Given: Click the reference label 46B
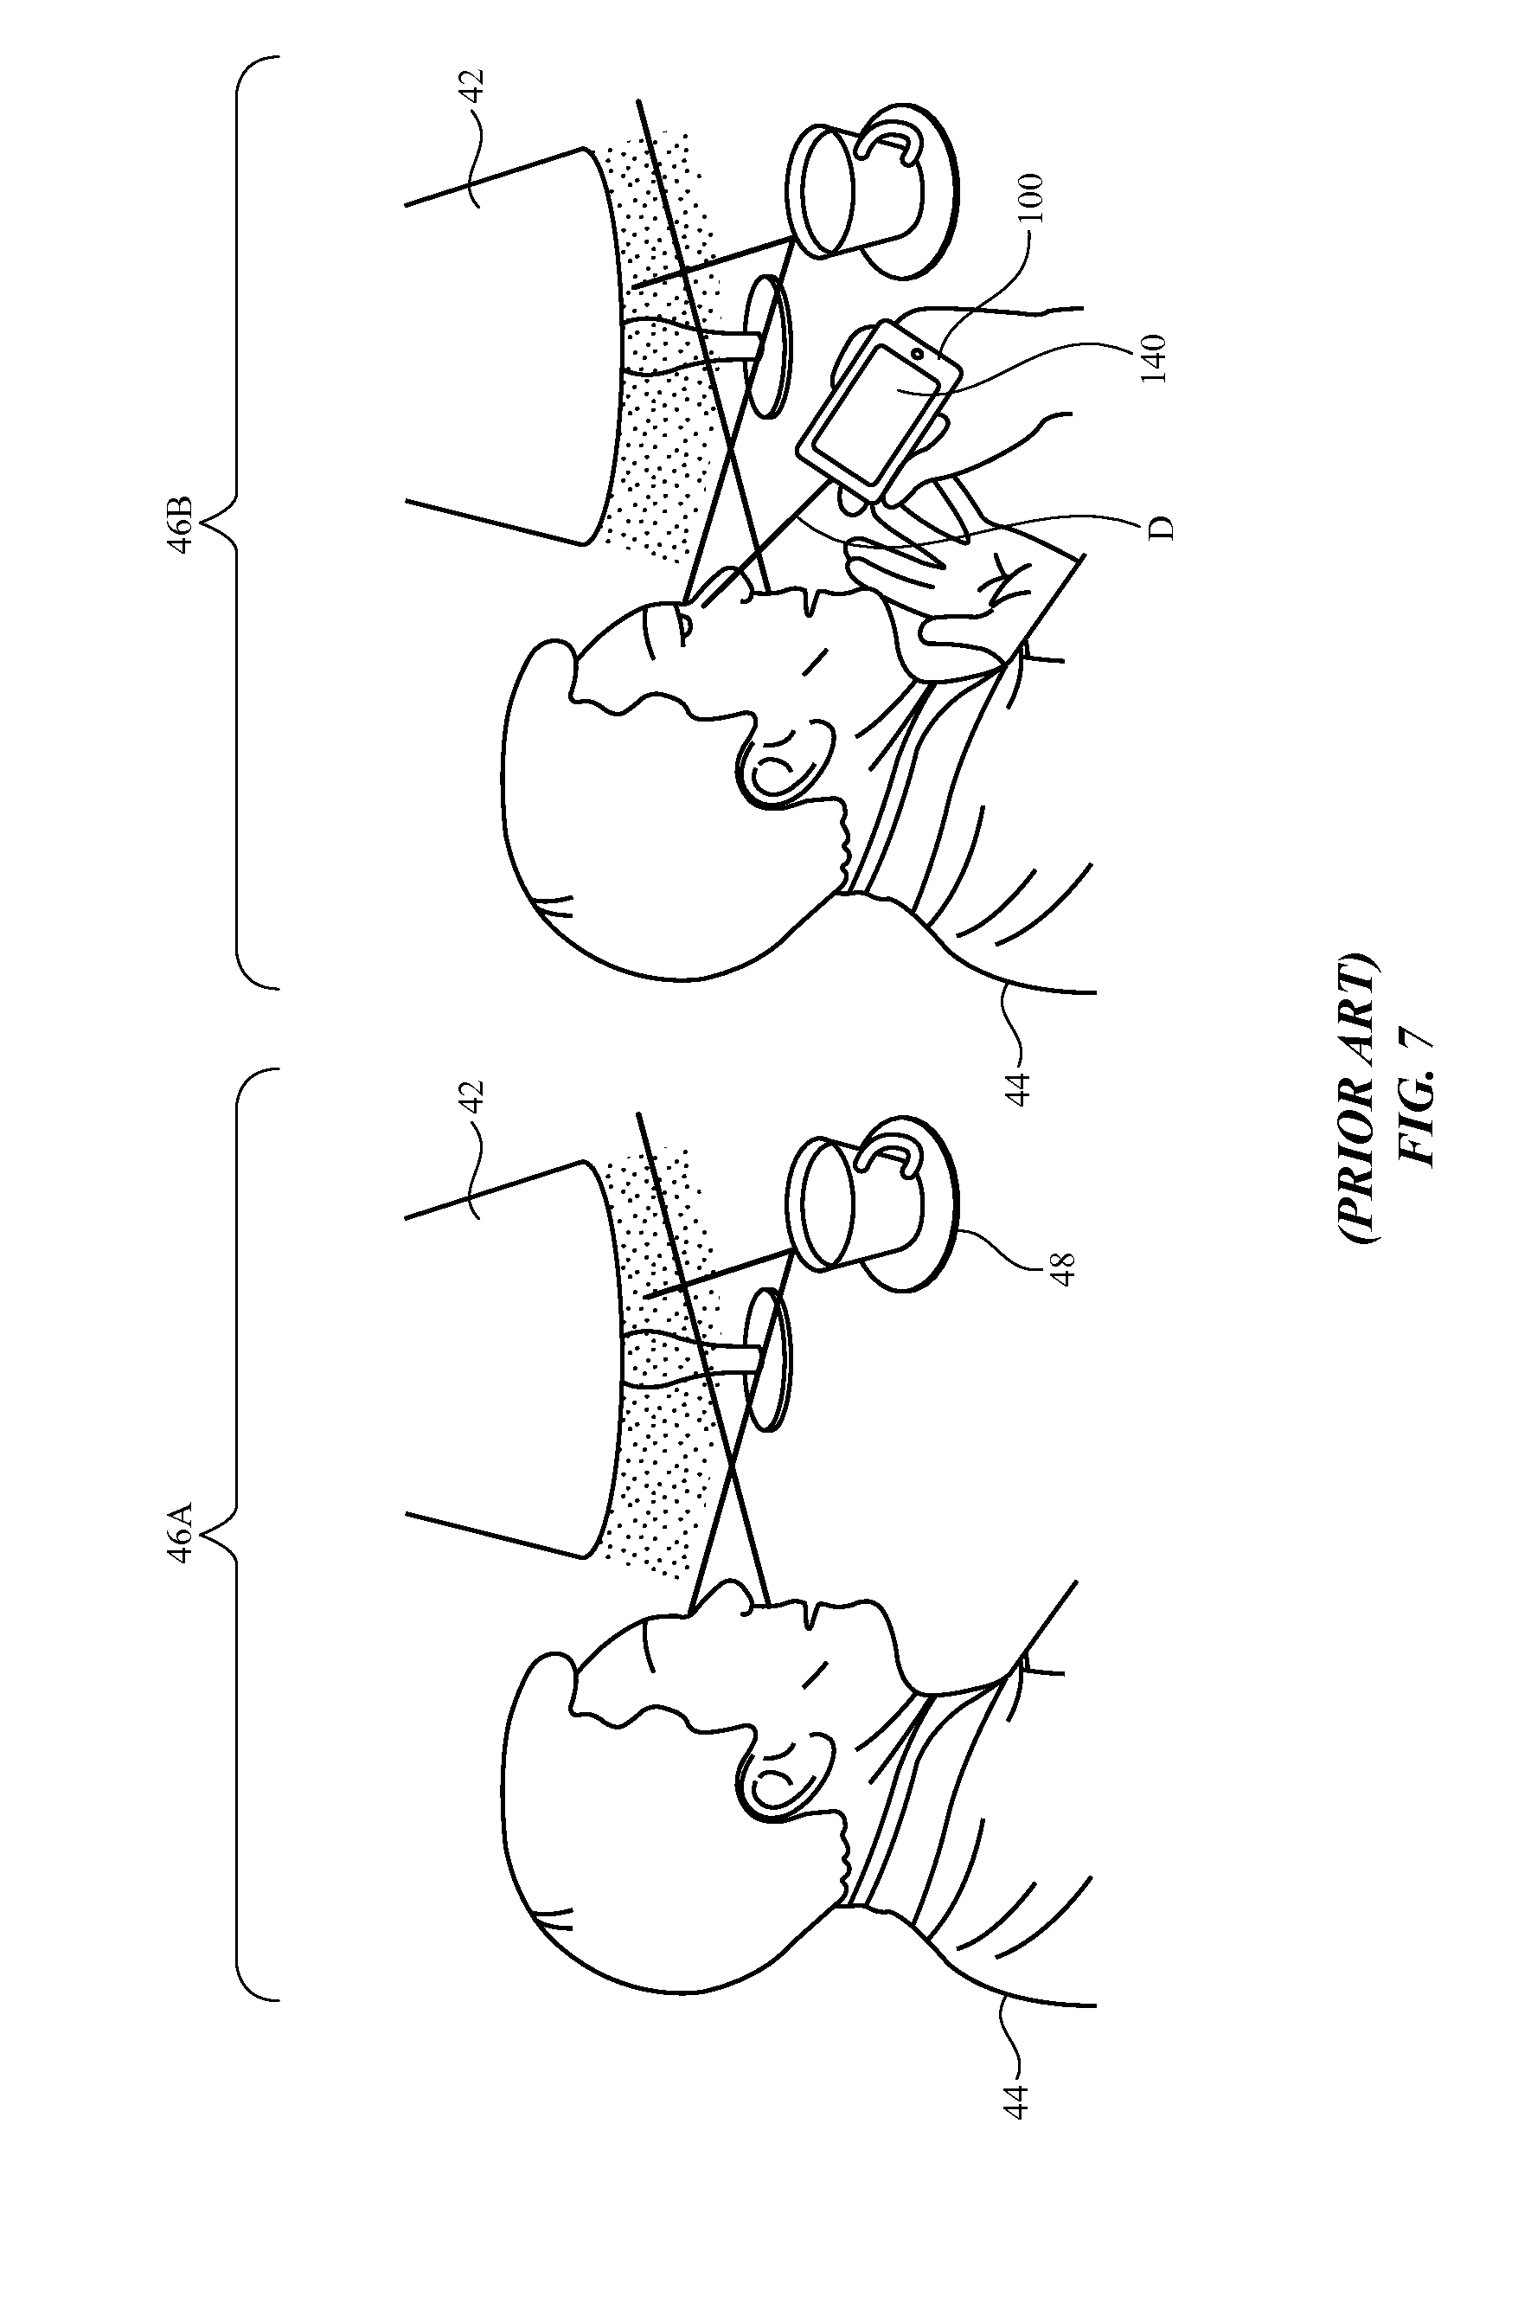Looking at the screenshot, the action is (182, 525).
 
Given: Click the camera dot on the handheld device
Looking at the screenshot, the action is (917, 352).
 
